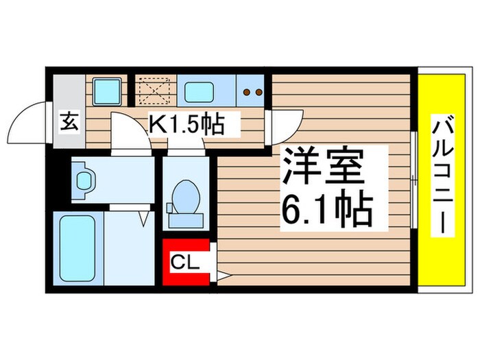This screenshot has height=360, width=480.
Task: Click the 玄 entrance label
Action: [x=70, y=123]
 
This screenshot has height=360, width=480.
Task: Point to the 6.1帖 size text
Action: [x=326, y=210]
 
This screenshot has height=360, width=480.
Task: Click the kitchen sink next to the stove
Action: [x=201, y=90]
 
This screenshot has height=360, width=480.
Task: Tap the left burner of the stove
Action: [x=248, y=91]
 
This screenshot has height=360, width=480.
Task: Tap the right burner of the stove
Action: [x=259, y=91]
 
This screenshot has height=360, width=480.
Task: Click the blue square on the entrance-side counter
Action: [x=106, y=90]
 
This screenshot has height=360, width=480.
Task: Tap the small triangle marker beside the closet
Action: [x=222, y=276]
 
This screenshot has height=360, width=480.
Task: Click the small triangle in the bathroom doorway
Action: [x=145, y=219]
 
